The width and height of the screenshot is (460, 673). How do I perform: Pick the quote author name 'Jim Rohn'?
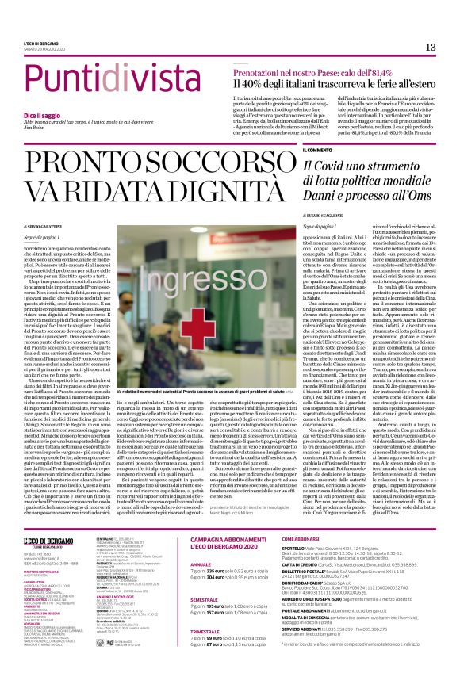point(36,128)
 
